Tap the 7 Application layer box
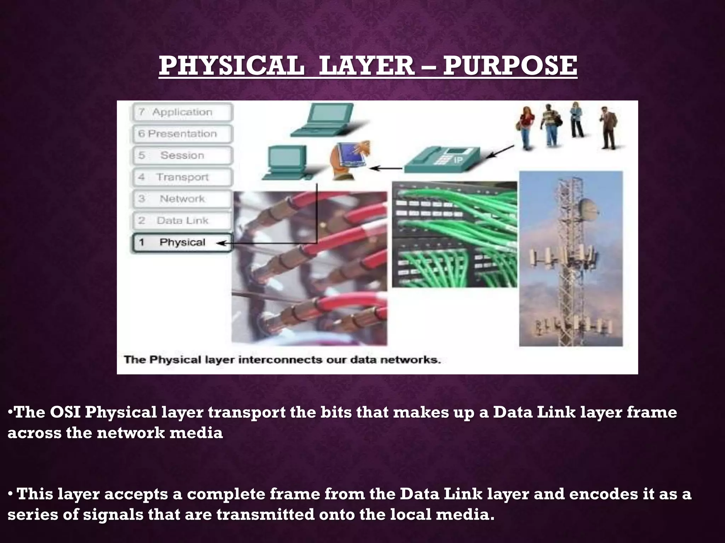coord(182,112)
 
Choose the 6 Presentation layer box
coord(182,134)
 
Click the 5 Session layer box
coord(182,156)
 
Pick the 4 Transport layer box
coord(182,177)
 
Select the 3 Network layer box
coord(182,199)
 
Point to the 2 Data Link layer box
coord(182,221)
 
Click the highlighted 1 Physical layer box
coord(182,243)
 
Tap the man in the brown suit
coord(609,129)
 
